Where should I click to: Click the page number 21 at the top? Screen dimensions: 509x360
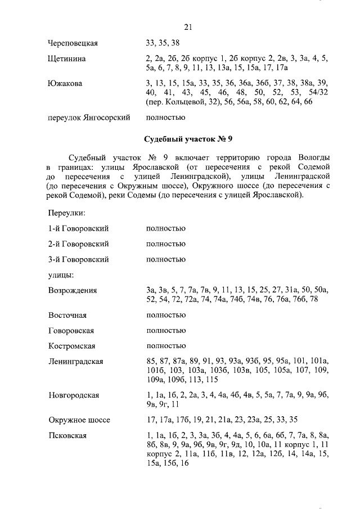point(188,27)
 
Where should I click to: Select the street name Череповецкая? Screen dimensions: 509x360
point(73,43)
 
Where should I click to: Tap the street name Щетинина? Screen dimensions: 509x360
point(67,58)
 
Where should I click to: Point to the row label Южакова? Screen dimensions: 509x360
point(65,83)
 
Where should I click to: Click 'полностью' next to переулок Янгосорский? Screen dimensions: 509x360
point(165,118)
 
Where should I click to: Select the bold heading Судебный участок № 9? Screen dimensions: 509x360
point(188,139)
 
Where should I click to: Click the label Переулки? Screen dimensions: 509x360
point(67,213)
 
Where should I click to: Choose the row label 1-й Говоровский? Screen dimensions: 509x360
point(79,228)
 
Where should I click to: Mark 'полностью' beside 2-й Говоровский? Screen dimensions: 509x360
point(165,244)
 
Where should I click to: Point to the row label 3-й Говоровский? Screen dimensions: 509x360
point(79,260)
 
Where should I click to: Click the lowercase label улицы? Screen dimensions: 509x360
point(61,275)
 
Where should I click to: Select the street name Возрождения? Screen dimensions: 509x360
point(73,291)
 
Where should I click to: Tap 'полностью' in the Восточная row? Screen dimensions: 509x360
point(165,316)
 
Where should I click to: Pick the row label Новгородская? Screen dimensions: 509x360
point(74,395)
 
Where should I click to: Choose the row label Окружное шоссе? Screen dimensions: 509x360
point(79,420)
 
